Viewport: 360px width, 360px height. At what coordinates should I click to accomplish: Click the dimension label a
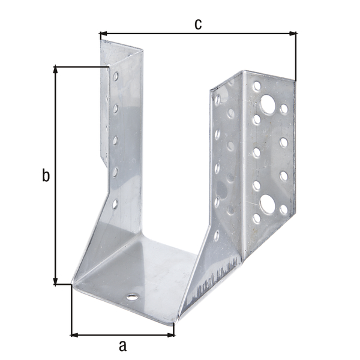(x=122, y=346)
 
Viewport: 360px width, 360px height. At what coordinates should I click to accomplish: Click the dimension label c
(x=197, y=23)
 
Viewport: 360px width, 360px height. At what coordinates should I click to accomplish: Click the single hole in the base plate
(x=131, y=297)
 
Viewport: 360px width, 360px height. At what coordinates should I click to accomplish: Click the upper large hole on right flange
(x=268, y=107)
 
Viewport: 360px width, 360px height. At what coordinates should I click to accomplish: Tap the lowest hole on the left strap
(x=115, y=204)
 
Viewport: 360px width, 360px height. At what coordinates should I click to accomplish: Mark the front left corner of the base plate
(x=72, y=284)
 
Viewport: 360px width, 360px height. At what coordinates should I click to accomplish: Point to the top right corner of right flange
(x=295, y=80)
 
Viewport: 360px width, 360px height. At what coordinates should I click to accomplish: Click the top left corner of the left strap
(x=100, y=41)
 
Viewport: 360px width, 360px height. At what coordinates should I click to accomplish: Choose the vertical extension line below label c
(x=296, y=57)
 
